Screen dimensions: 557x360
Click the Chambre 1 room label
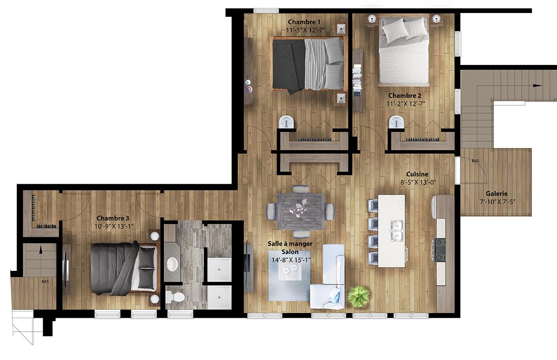(x=304, y=22)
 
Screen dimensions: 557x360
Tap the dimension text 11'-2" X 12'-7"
(x=406, y=103)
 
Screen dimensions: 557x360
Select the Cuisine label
(x=417, y=174)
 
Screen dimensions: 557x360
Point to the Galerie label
(x=497, y=193)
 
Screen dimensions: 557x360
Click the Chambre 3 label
(x=113, y=218)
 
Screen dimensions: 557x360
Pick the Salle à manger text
(x=290, y=244)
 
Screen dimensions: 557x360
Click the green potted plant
(x=358, y=296)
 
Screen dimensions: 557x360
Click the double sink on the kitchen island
(x=396, y=231)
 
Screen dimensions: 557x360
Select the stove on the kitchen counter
(x=440, y=250)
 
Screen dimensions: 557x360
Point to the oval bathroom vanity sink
(x=172, y=264)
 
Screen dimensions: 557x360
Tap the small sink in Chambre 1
(x=287, y=122)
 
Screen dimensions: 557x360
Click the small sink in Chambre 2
(x=396, y=122)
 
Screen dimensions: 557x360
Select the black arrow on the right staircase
(x=538, y=85)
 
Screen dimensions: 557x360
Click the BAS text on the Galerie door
(x=475, y=161)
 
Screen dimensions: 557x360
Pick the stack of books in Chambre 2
(x=357, y=80)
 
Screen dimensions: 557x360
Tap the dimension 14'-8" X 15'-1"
(x=291, y=260)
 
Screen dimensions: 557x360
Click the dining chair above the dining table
(x=301, y=189)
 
